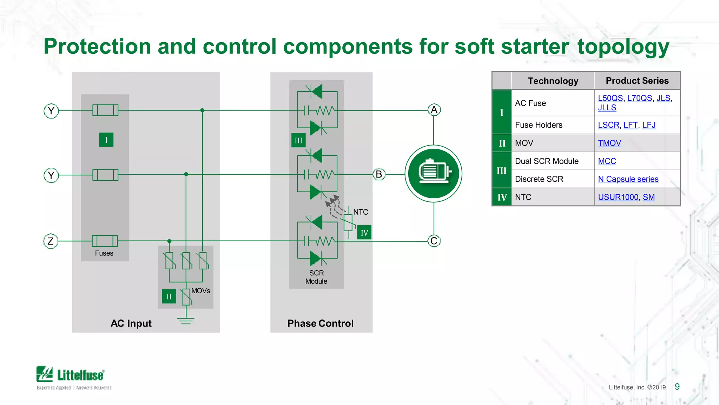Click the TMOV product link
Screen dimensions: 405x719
click(x=609, y=143)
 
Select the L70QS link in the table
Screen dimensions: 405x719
click(x=639, y=98)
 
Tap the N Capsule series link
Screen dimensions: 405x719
click(x=628, y=179)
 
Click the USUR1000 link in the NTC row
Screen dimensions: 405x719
click(x=618, y=197)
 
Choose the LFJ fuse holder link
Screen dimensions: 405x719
click(x=648, y=125)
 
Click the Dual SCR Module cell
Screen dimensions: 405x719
click(x=547, y=161)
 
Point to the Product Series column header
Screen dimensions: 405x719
click(x=637, y=81)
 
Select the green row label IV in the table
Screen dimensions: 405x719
click(x=502, y=197)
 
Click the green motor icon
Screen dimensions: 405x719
click(x=433, y=174)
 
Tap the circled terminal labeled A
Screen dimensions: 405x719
click(x=434, y=110)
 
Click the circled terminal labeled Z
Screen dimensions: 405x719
click(x=51, y=241)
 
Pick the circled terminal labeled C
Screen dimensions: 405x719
click(x=434, y=241)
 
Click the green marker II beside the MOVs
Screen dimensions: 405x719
click(x=169, y=296)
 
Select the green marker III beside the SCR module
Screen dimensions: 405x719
click(x=298, y=141)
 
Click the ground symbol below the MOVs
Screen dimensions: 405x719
click(x=186, y=321)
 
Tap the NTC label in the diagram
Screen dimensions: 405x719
click(x=361, y=212)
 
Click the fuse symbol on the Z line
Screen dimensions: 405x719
click(x=105, y=241)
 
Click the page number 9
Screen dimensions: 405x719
click(x=677, y=387)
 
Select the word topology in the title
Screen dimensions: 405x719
click(x=623, y=47)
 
